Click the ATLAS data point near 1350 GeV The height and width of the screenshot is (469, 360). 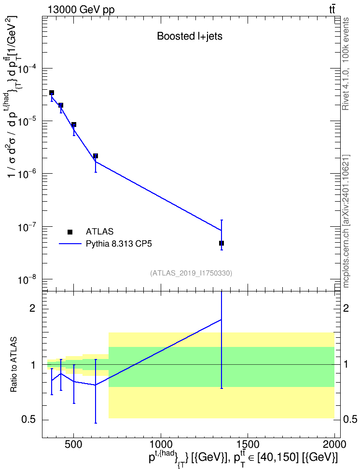point(222,243)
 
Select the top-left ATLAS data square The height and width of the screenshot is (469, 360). point(52,93)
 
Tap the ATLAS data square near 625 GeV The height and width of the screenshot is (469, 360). point(96,156)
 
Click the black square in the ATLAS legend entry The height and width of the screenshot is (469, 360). point(70,232)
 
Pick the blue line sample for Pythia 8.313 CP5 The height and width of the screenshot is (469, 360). point(70,244)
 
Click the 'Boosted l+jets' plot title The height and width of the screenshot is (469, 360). point(190,36)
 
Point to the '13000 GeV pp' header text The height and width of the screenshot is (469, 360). point(81,10)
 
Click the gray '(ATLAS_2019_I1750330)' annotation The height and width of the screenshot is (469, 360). point(191,273)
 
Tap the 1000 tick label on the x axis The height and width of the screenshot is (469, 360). point(161,444)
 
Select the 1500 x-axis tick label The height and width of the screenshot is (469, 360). point(248,444)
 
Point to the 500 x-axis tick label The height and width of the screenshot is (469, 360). point(74,444)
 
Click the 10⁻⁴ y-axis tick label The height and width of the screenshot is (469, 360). point(28,69)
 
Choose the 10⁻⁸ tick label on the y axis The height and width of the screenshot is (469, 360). point(28,279)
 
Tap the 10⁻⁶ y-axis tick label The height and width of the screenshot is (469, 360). point(28,174)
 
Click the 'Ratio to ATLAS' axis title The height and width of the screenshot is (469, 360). point(14,364)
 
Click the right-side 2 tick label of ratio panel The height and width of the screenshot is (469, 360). point(346,308)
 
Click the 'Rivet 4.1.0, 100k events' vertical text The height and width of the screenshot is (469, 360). point(346,64)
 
